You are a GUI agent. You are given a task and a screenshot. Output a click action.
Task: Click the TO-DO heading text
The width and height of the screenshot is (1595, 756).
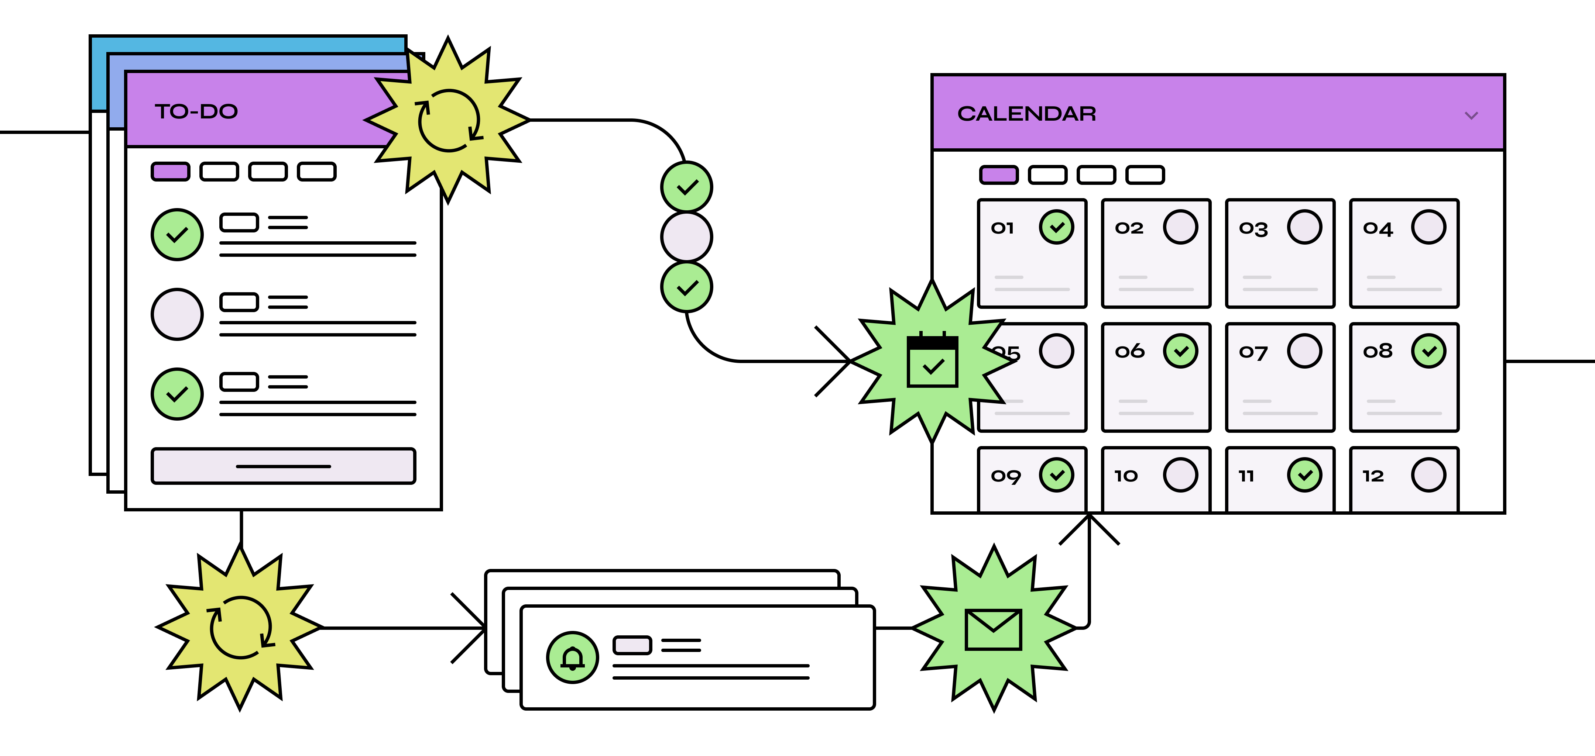click(196, 111)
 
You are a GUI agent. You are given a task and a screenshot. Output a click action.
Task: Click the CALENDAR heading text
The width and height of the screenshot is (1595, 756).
click(1026, 114)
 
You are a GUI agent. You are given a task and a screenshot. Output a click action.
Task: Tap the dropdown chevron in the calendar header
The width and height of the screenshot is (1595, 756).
click(1471, 116)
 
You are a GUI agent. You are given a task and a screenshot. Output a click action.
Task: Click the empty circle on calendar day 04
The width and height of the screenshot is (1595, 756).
click(1428, 227)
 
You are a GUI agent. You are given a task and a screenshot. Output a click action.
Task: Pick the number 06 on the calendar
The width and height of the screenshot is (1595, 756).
click(1129, 351)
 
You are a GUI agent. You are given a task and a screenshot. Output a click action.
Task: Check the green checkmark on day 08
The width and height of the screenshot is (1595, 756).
click(1428, 351)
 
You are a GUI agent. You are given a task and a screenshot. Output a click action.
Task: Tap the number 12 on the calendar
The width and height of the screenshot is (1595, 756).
click(1373, 476)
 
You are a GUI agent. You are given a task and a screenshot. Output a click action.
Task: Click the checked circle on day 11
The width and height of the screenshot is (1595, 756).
click(1304, 475)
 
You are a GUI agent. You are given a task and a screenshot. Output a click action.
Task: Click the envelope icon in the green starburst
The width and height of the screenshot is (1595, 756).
click(993, 629)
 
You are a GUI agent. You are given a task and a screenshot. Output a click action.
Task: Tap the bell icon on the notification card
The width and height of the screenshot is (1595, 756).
click(573, 657)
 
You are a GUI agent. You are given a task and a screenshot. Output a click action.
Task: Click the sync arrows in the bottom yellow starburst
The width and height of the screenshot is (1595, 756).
click(240, 627)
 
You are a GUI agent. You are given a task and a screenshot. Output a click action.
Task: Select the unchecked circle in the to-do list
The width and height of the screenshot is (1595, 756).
click(177, 314)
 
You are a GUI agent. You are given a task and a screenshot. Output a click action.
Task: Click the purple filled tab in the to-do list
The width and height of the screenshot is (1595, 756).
click(170, 171)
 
